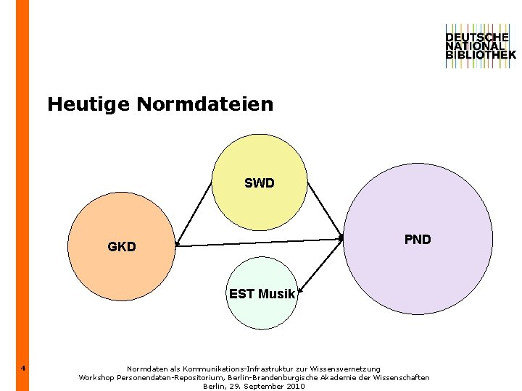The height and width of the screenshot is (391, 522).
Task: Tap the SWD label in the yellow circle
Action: click(x=260, y=183)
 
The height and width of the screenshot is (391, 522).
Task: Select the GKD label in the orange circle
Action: click(x=122, y=247)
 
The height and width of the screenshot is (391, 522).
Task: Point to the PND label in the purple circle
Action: click(x=418, y=240)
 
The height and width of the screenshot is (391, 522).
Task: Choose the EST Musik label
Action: click(x=262, y=294)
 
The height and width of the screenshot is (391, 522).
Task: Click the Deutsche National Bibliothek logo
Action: click(x=480, y=46)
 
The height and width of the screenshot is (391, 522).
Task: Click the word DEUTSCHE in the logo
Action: click(x=477, y=37)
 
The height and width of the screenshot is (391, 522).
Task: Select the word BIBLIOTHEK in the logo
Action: click(x=481, y=54)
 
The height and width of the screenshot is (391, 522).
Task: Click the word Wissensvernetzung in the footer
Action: click(x=344, y=369)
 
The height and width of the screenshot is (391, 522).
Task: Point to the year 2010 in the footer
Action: click(x=295, y=386)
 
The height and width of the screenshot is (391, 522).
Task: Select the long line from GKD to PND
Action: click(x=259, y=242)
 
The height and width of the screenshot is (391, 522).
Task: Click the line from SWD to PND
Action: click(x=325, y=210)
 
